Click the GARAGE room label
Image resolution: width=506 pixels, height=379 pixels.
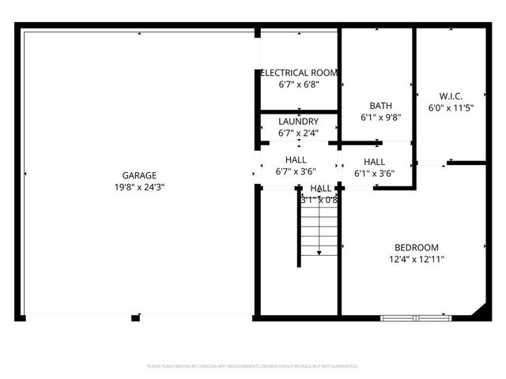[138, 175]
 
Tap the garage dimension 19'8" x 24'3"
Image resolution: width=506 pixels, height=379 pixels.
[138, 187]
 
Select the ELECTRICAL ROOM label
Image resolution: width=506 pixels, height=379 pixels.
[299, 73]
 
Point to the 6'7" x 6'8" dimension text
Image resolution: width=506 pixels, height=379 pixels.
[299, 84]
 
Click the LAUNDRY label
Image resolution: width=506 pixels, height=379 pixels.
[299, 122]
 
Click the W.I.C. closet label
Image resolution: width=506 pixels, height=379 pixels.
[451, 96]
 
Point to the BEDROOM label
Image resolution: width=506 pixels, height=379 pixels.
[417, 247]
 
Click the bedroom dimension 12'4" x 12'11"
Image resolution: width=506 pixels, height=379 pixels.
[417, 259]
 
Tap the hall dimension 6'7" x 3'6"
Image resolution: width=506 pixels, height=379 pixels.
[296, 171]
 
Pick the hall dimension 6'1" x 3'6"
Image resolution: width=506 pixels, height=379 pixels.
[374, 174]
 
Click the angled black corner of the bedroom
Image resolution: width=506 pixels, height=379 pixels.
[479, 313]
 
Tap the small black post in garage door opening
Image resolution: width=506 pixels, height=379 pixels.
[135, 318]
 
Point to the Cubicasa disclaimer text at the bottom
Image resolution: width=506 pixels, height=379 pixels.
[253, 366]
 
